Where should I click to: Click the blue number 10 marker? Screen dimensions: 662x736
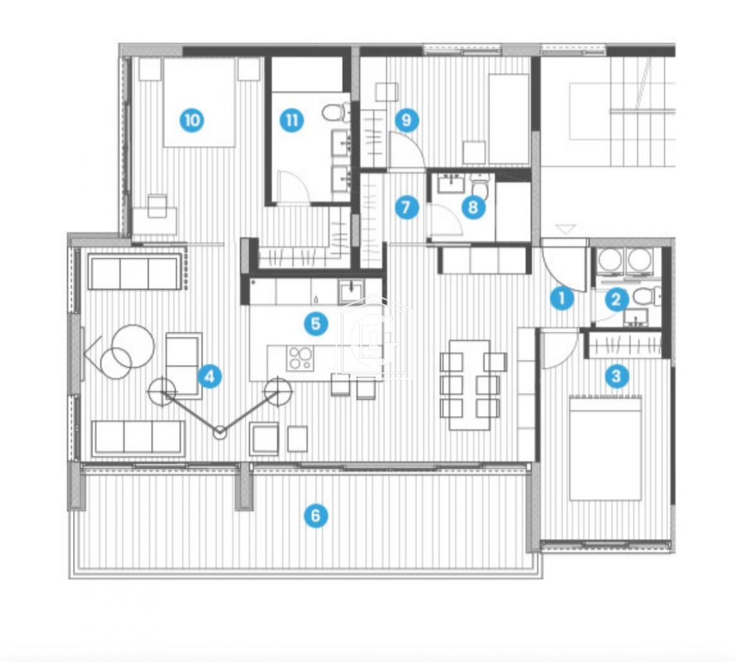click(x=193, y=120)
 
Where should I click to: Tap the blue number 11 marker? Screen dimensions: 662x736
click(x=291, y=120)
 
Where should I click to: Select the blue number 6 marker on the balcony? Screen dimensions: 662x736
click(x=316, y=515)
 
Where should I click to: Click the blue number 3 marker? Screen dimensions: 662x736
click(x=616, y=375)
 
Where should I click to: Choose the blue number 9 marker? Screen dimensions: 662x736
click(x=406, y=120)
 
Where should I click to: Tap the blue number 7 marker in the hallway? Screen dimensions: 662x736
click(x=406, y=207)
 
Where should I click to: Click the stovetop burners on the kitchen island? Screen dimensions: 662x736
click(x=301, y=358)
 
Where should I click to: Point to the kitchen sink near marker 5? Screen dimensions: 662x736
click(x=351, y=290)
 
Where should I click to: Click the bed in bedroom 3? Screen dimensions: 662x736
click(x=605, y=448)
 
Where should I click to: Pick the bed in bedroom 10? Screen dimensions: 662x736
click(x=199, y=102)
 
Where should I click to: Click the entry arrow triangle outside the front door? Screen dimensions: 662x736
click(x=566, y=229)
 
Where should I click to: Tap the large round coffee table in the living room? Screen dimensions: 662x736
click(x=134, y=345)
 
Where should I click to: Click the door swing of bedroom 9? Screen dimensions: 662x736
click(x=405, y=152)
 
